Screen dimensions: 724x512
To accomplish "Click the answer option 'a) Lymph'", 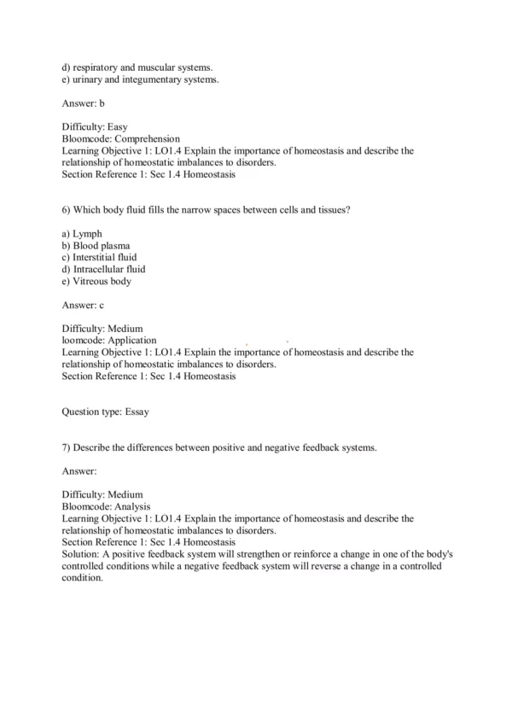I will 83,233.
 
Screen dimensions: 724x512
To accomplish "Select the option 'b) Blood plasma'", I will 96,245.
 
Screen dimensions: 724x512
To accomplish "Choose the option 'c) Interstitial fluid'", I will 99,257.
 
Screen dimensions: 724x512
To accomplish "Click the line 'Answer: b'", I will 84,103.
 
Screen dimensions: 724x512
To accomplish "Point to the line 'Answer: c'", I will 84,304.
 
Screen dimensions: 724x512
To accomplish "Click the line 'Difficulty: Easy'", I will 95,126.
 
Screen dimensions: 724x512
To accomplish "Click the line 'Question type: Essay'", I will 106,412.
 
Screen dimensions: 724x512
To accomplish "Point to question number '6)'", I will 67,209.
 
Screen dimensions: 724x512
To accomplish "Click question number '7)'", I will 67,447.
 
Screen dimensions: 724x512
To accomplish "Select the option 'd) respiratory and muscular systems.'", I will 137,67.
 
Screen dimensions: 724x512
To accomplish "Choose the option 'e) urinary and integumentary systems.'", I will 140,79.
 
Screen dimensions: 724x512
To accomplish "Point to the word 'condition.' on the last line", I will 82,577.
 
